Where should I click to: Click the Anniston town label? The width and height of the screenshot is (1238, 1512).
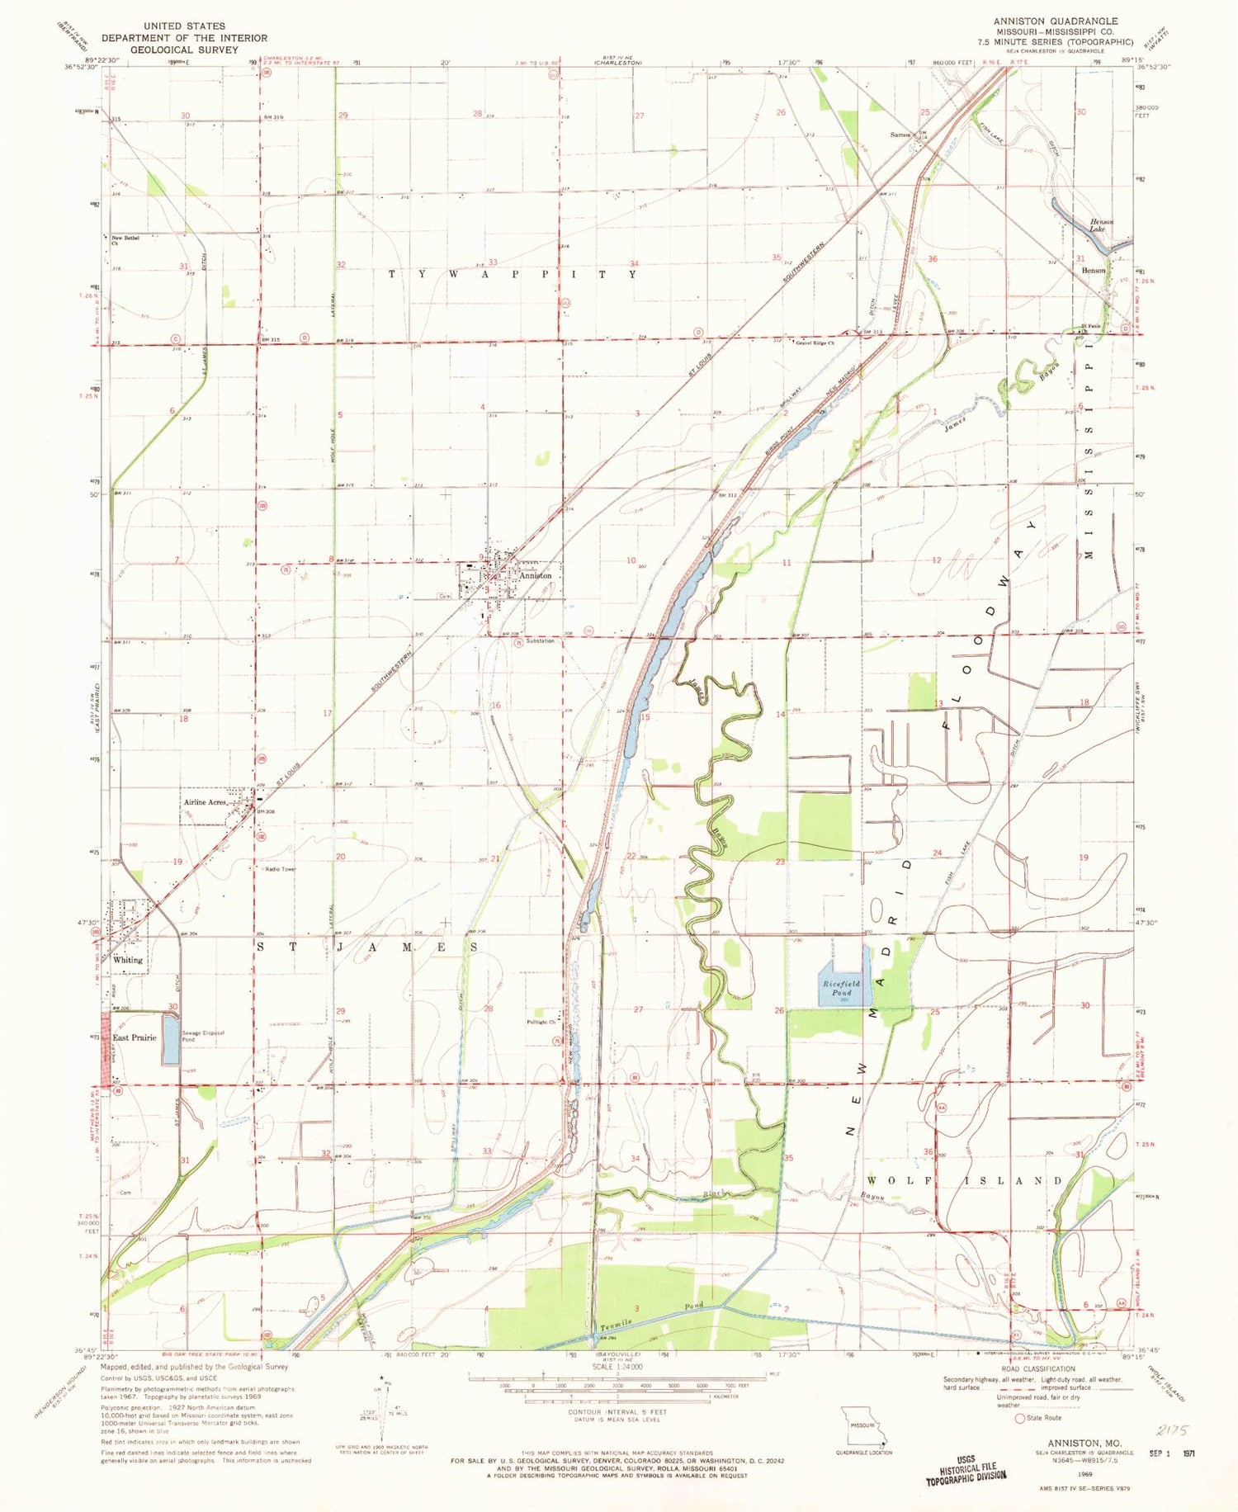(x=536, y=575)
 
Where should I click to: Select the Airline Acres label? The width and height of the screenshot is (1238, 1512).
(x=206, y=802)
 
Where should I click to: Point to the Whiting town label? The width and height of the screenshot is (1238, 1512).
(x=128, y=960)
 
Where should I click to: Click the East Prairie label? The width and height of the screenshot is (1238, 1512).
(x=135, y=1037)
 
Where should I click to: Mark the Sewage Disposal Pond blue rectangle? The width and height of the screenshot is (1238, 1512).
(x=170, y=1040)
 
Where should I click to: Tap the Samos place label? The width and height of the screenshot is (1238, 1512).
(x=900, y=135)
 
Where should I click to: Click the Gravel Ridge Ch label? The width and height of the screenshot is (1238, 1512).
(x=815, y=343)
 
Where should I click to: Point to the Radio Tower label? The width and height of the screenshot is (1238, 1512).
(x=280, y=869)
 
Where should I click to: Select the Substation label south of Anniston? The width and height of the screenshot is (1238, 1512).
(x=541, y=641)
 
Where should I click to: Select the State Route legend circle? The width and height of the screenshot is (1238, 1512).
(x=1020, y=1418)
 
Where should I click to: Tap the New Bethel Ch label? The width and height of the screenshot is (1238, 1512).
(x=125, y=240)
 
